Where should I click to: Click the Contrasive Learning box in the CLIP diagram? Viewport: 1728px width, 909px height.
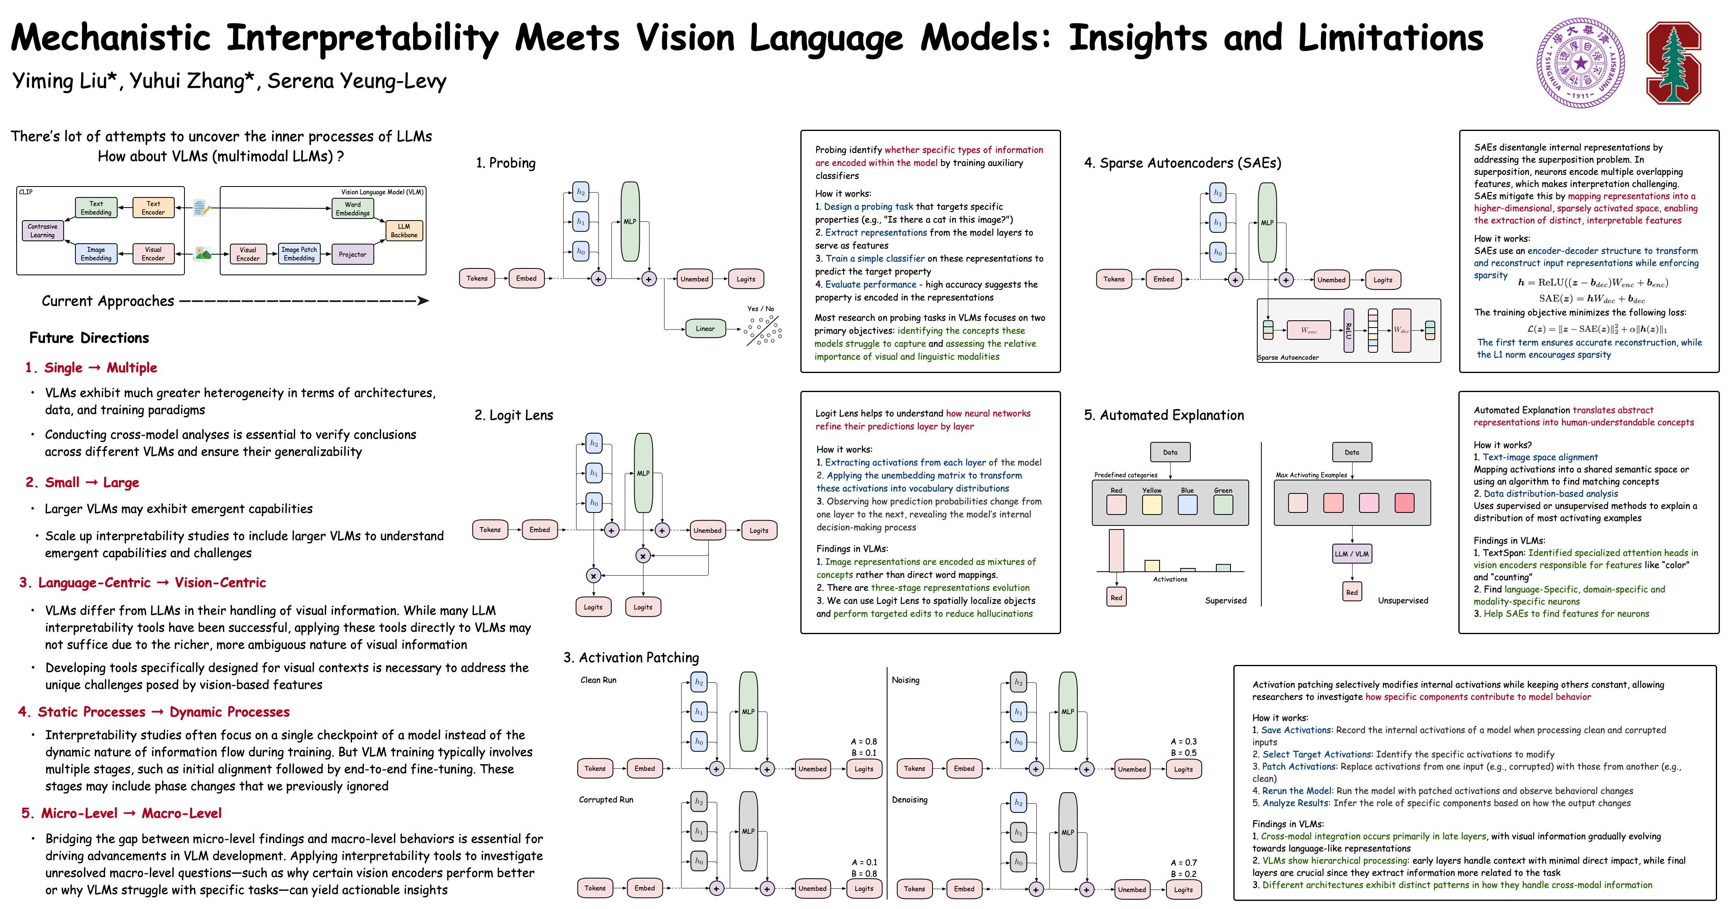pos(42,231)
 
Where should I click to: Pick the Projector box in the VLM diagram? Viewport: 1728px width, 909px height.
pos(352,254)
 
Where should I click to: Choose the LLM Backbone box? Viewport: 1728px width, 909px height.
pos(404,231)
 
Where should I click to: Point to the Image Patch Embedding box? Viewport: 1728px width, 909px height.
pos(299,253)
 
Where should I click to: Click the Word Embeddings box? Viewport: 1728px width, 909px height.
pos(352,209)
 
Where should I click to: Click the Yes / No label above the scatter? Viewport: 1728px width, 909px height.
pos(760,309)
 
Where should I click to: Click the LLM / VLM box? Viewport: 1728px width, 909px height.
pos(1352,553)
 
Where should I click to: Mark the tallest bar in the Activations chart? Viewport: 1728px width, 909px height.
pos(1116,550)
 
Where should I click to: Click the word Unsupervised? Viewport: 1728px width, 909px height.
pos(1403,600)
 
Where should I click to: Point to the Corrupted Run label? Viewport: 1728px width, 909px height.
pos(606,800)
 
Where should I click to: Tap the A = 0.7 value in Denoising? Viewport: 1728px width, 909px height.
pos(1183,863)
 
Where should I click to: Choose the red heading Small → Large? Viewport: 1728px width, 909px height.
pos(83,482)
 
